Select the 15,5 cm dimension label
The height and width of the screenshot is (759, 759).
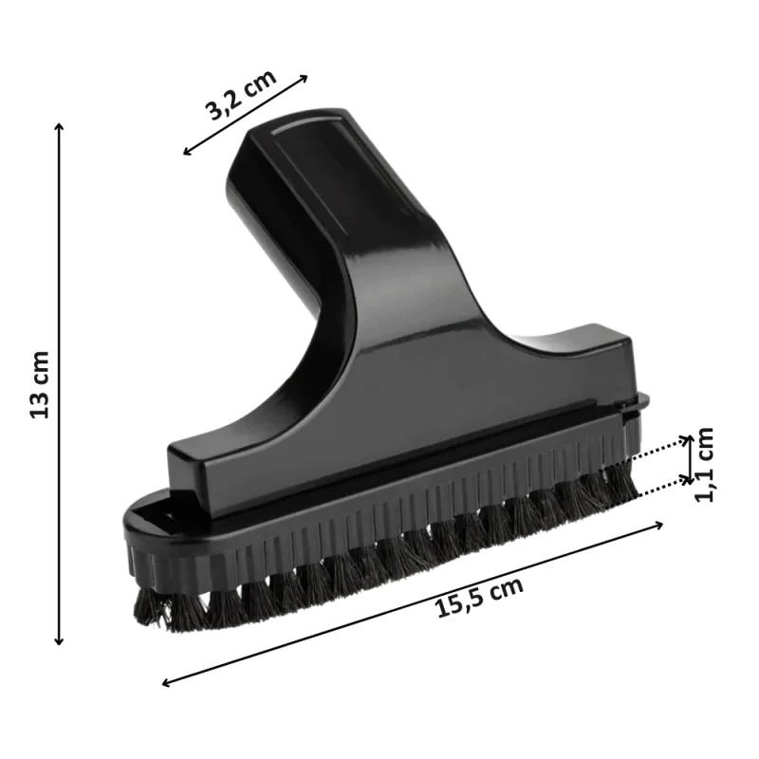click(x=480, y=598)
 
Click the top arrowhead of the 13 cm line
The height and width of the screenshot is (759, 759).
click(x=59, y=127)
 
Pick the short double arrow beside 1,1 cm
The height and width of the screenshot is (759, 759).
click(x=690, y=460)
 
